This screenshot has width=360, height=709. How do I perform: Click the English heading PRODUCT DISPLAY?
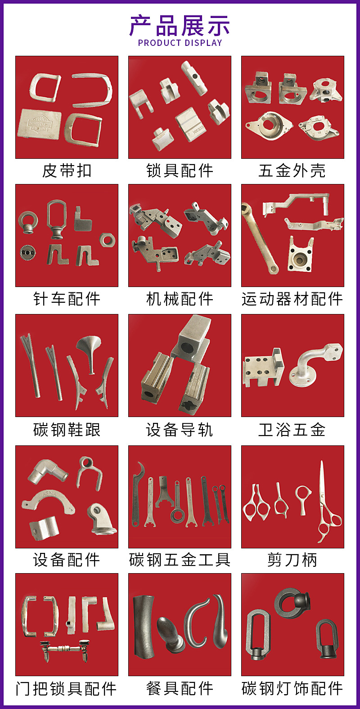[180, 43]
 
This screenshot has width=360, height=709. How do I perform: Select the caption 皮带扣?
[67, 171]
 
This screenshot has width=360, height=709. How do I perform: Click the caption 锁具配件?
[180, 171]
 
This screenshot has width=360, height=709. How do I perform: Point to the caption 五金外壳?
[292, 171]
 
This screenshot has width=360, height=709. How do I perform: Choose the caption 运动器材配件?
[292, 299]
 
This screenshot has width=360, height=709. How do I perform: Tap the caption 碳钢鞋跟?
[67, 430]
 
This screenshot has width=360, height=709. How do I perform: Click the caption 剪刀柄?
[292, 560]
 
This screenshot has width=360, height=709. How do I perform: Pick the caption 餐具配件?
[180, 689]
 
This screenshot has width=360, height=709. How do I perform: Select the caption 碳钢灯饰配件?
[292, 689]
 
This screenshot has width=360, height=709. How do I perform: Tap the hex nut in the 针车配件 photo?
[107, 240]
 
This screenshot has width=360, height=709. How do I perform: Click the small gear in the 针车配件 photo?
[28, 253]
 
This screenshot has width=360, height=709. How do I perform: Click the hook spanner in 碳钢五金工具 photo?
[137, 494]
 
